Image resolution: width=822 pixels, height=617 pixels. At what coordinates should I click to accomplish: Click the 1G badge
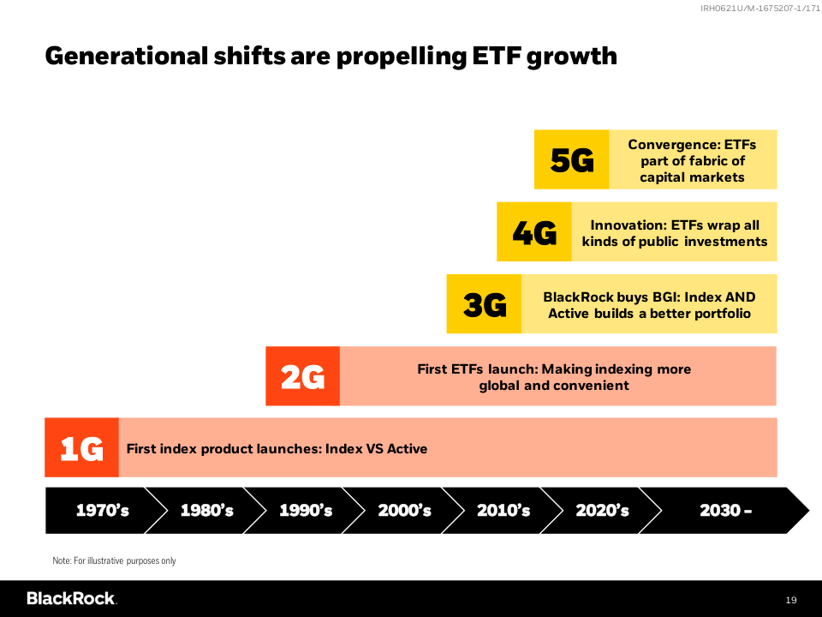click(81, 447)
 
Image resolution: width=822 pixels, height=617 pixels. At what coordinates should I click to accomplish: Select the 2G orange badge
click(302, 376)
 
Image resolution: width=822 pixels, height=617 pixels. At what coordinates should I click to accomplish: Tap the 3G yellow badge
click(484, 304)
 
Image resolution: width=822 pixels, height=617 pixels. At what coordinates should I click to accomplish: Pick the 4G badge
click(533, 232)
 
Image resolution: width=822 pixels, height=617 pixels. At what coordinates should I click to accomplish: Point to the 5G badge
click(571, 159)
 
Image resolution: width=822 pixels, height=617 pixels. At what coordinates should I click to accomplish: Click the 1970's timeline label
click(103, 511)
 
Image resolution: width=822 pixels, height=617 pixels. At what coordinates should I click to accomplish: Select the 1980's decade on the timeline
click(206, 511)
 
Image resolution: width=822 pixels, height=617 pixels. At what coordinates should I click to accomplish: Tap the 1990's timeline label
click(306, 511)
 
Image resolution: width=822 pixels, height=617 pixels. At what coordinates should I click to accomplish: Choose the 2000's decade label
click(404, 511)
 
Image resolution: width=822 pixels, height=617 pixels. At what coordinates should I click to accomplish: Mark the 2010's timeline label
click(503, 511)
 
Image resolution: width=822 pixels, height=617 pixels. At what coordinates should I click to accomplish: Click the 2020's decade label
click(602, 511)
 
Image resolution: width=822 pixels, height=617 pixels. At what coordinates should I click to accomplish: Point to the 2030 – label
click(725, 511)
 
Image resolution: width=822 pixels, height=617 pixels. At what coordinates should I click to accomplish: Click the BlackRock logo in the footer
click(71, 598)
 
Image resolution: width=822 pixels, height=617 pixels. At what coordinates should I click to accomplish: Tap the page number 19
click(791, 599)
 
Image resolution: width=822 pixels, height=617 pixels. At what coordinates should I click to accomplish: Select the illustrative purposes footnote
click(114, 560)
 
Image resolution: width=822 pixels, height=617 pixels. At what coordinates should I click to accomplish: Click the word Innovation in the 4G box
click(628, 225)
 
